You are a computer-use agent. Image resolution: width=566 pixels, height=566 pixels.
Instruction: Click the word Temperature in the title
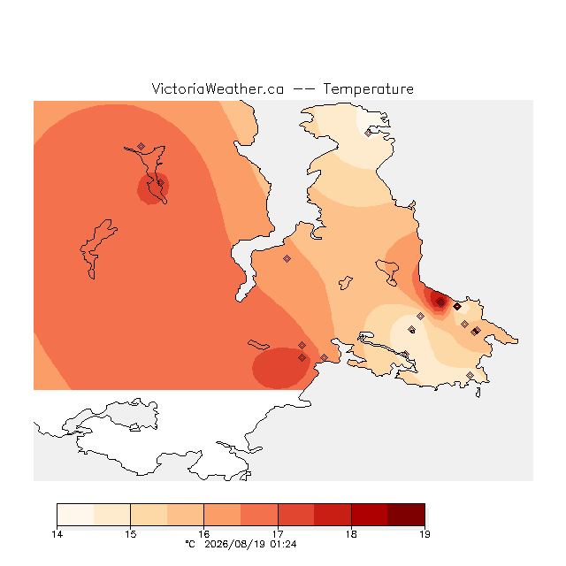368,88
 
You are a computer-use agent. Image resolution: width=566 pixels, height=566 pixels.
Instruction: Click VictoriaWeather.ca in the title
218,88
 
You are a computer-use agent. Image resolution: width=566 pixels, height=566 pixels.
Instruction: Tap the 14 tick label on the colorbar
57,534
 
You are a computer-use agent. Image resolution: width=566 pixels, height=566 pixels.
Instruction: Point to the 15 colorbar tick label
131,534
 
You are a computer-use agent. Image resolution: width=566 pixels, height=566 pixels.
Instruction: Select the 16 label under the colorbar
204,534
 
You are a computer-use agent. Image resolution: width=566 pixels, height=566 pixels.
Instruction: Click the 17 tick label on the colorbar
278,534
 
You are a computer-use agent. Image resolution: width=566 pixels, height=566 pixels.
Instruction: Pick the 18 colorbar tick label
351,534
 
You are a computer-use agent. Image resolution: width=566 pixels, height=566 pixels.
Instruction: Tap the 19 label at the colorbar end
424,534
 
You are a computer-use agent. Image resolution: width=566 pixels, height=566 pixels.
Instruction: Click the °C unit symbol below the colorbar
190,544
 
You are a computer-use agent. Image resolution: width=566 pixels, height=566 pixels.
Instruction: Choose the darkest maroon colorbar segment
406,515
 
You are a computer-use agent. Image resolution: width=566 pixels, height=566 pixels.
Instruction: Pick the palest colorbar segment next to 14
75,515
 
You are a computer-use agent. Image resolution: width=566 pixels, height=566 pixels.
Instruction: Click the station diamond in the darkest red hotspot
440,302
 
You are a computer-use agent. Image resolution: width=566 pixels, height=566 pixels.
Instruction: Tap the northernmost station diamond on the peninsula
368,133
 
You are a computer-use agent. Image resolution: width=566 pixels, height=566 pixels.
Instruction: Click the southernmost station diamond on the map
470,375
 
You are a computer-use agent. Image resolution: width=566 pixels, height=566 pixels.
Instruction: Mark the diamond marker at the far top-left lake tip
141,146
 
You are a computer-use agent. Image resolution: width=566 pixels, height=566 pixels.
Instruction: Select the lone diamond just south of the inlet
287,258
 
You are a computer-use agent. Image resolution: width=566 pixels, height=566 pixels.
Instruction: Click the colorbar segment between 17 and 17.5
296,515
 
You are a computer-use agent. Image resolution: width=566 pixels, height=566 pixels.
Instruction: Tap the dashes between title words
303,89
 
